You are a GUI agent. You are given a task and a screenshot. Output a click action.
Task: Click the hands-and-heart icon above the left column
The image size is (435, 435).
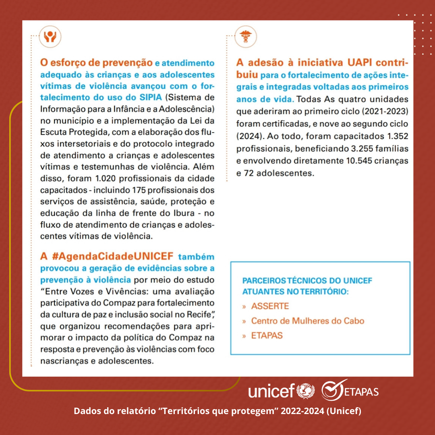50,37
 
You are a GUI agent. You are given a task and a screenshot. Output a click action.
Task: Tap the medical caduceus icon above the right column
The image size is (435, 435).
245,37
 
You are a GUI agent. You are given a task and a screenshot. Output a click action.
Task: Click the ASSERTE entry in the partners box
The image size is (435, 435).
270,306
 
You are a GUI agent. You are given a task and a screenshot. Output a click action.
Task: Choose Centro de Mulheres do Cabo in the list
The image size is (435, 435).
307,321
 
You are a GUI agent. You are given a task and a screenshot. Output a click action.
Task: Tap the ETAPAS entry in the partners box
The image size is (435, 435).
267,336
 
